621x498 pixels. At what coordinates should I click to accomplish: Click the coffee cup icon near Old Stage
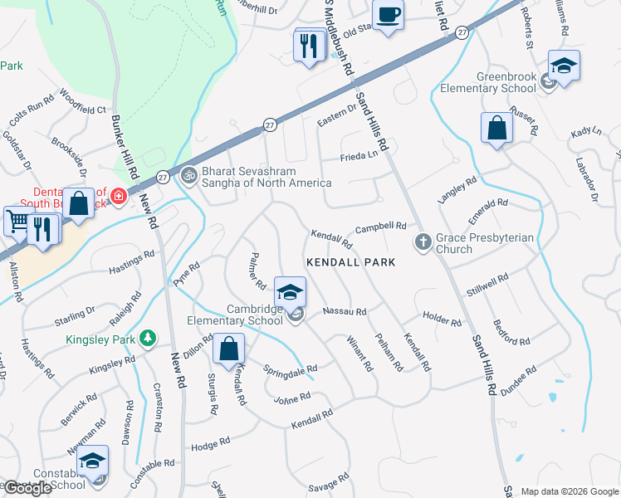coord(388,15)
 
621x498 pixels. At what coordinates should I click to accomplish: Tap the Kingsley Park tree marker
coord(147,338)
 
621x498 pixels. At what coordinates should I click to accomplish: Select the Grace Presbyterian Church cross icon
coord(422,242)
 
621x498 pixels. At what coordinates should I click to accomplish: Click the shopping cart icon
coord(17,221)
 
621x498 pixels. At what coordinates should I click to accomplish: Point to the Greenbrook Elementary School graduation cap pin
coord(564,66)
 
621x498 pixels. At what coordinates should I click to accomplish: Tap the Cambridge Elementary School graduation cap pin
coord(290,292)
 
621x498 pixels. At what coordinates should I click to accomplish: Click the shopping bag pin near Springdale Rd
coord(228,349)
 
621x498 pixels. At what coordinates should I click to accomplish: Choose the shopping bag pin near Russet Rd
coord(496,129)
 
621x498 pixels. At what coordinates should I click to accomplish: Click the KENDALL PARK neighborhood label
coord(350,262)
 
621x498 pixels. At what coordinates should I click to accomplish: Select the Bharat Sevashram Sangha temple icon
coord(188,175)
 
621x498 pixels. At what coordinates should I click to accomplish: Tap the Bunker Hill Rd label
coord(125,149)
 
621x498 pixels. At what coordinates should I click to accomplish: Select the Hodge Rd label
coord(210,444)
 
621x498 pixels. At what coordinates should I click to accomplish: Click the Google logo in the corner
coord(27,488)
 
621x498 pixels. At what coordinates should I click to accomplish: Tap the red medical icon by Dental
coord(119,197)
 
